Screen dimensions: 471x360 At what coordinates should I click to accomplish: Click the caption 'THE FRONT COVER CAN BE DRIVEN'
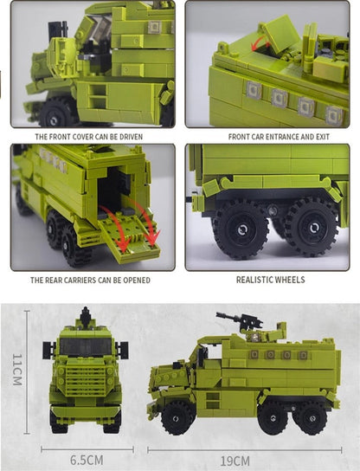coord(89,136)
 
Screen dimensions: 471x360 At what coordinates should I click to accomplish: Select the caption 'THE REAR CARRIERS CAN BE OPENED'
coord(90,281)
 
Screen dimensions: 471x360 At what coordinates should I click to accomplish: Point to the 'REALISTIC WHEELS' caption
coord(270,281)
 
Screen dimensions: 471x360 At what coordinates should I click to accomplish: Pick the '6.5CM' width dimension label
coord(87,460)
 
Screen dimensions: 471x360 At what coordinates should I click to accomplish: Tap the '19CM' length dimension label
coord(235,460)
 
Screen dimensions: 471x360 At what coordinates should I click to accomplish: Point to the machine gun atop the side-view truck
coord(241,321)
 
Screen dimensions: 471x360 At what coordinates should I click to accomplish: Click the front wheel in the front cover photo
coord(59,113)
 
